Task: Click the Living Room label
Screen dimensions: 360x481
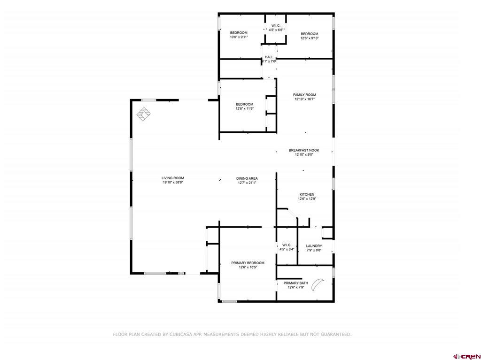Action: click(172, 178)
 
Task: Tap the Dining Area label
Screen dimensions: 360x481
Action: click(246, 178)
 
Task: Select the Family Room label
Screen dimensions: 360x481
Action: click(304, 95)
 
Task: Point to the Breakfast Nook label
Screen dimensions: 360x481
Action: click(303, 150)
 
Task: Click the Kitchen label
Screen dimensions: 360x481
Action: click(307, 194)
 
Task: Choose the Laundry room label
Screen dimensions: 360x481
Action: click(314, 246)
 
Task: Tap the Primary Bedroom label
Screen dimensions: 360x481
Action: click(248, 263)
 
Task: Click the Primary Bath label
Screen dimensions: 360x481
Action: click(295, 283)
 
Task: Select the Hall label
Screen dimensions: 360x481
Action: click(269, 57)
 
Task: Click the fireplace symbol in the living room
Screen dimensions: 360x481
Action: click(144, 114)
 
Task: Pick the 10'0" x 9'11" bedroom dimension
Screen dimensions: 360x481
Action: click(239, 37)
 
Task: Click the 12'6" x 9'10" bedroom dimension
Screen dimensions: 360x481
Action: click(310, 38)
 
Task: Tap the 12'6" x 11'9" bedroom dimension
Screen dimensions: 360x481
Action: click(244, 108)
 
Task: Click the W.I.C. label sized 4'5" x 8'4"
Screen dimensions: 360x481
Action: click(287, 245)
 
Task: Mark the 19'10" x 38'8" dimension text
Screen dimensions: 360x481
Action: click(172, 182)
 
